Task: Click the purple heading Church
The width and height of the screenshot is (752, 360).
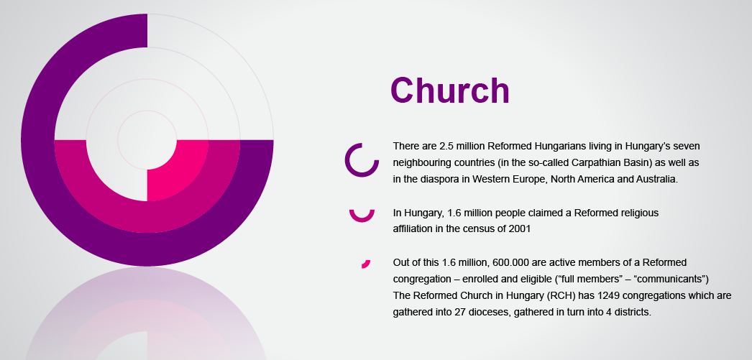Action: pos(449,91)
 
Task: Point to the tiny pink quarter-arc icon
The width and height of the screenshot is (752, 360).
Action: pos(367,264)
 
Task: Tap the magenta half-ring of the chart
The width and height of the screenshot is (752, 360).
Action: pos(147,217)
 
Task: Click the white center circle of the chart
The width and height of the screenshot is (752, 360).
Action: pos(147,140)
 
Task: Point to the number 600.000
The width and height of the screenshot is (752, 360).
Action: pos(494,263)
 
